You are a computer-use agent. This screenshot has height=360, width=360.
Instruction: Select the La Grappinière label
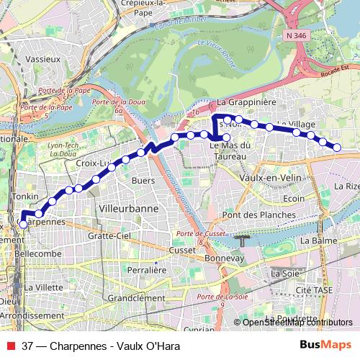pos(247,103)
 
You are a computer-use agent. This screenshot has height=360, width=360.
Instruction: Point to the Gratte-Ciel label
pos(107,235)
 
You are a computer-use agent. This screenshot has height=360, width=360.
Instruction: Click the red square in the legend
pos(9,346)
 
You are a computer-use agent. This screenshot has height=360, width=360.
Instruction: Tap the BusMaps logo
pos(325,345)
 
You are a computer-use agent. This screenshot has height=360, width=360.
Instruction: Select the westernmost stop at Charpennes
pos(23,224)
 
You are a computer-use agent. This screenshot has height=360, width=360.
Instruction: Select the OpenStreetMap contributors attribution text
pos(296,322)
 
